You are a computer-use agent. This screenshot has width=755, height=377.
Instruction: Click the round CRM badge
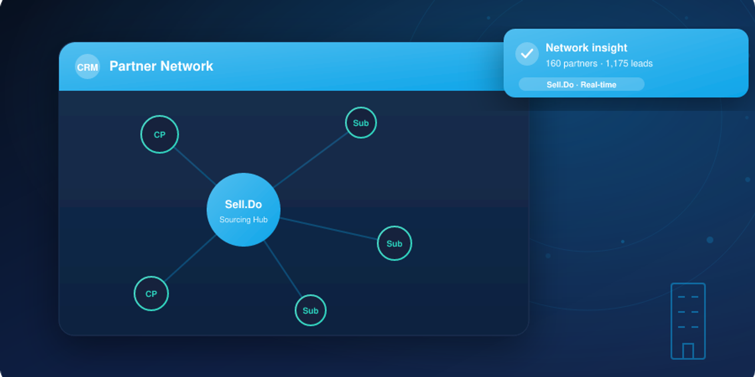point(87,67)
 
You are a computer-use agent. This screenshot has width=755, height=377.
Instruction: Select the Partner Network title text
point(161,66)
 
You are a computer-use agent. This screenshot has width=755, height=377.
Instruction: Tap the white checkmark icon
point(527,54)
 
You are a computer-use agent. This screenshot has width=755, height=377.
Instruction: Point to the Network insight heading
point(586,48)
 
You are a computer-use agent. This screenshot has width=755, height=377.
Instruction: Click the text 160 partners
point(572,63)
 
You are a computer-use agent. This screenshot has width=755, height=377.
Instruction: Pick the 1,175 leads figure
point(629,63)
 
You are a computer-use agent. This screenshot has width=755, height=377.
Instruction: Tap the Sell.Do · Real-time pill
point(582,84)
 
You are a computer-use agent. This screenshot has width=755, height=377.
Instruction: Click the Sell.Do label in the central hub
point(244,204)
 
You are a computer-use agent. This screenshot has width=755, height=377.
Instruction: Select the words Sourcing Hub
point(244,220)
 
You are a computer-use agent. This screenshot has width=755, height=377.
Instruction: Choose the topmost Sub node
point(360,123)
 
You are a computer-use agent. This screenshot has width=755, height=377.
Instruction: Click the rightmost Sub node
point(395,243)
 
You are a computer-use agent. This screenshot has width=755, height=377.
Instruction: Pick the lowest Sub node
point(310,310)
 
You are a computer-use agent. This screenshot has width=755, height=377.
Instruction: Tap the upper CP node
point(159,134)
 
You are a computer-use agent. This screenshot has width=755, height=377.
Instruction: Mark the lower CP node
point(151,293)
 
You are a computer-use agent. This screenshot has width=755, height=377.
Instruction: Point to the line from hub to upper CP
point(195,166)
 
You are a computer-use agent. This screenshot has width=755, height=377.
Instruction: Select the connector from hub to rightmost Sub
point(329,229)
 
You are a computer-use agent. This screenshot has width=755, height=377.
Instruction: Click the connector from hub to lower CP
point(190,258)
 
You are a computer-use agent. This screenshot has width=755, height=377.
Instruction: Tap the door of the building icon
point(688,350)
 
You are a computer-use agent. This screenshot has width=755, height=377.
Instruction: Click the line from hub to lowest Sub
point(283,269)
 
